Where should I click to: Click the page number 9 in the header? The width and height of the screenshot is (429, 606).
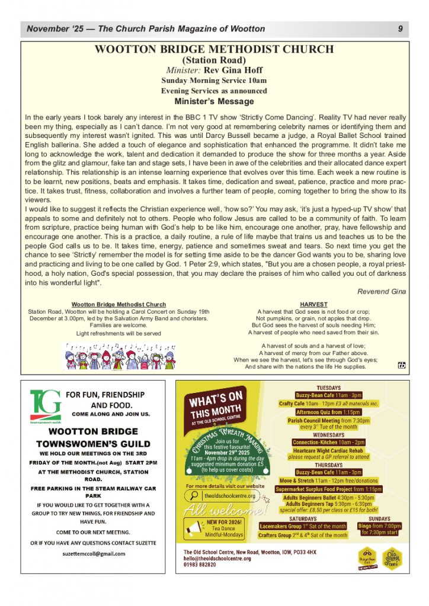click(x=401, y=29)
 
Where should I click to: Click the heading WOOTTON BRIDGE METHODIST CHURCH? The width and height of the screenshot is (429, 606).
click(x=214, y=50)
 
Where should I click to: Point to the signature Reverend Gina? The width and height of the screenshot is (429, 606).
click(x=382, y=291)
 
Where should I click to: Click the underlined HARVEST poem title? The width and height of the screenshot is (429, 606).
click(x=313, y=304)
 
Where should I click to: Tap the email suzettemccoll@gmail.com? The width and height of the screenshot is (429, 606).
click(x=94, y=554)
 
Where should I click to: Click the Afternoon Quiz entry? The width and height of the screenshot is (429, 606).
click(x=328, y=412)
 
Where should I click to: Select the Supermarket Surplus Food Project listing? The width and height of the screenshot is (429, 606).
click(x=328, y=489)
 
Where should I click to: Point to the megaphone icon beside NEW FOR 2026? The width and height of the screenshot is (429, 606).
click(x=196, y=526)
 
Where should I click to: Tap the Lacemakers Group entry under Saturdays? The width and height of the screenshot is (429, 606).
click(x=303, y=526)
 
